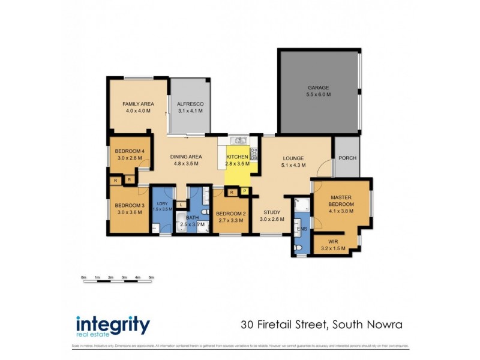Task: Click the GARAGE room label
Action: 318,88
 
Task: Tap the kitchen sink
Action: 239,140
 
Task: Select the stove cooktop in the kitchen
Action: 253,153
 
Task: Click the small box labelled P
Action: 244,192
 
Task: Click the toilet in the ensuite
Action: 298,247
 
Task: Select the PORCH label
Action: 346,159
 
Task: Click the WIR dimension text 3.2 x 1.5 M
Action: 334,247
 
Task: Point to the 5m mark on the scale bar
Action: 151,277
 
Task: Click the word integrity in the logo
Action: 113,325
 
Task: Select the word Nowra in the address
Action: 382,326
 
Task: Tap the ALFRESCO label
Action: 190,104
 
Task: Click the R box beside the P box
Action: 232,192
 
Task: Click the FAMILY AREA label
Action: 138,104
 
